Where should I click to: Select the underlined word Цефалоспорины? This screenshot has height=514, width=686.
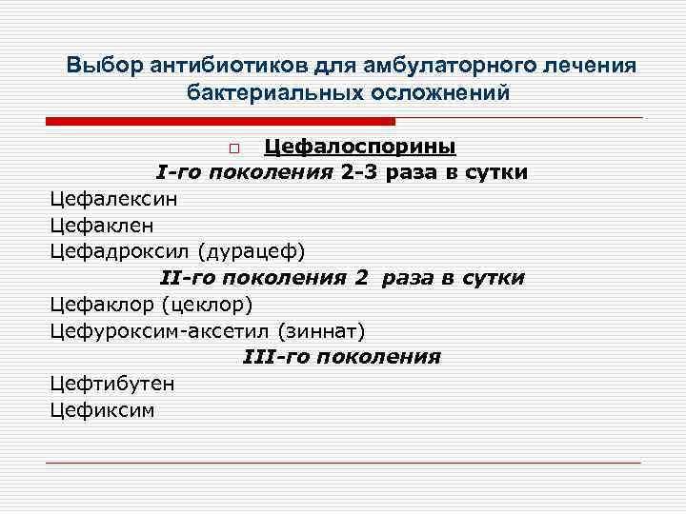[359, 147]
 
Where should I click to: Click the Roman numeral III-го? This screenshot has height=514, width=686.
[276, 358]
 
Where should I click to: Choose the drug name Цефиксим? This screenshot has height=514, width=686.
[102, 410]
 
